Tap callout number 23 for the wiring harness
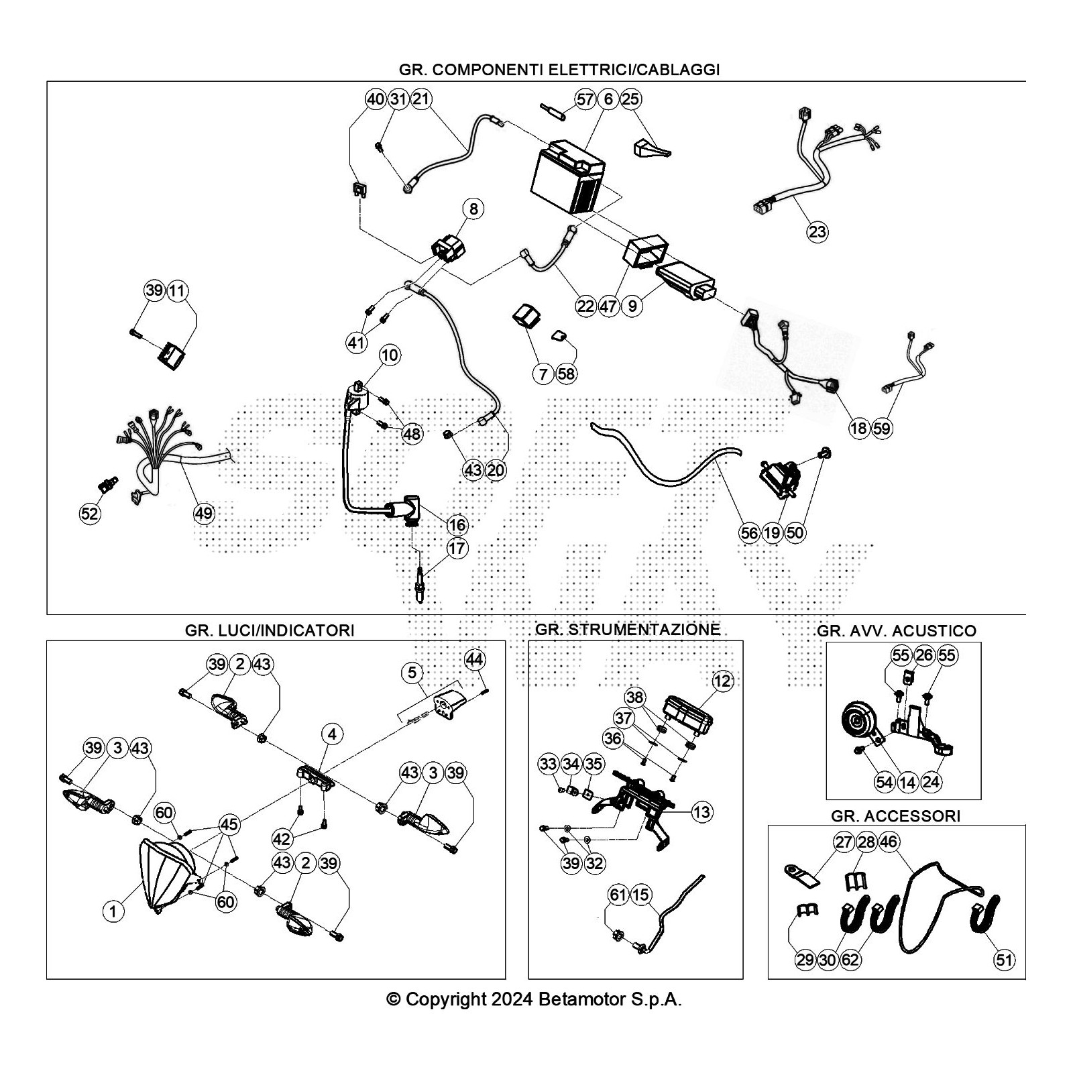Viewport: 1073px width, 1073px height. (x=817, y=232)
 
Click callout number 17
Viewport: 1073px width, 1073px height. (x=457, y=548)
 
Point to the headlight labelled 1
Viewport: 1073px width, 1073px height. (x=164, y=875)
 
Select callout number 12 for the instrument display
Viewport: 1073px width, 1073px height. (x=722, y=681)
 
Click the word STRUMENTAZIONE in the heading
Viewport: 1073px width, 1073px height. (x=645, y=630)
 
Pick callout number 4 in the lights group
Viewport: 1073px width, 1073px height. (x=332, y=734)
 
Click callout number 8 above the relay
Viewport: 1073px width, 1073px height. (x=473, y=209)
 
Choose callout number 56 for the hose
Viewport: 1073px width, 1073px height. (x=749, y=533)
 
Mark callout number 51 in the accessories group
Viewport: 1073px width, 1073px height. (x=1004, y=960)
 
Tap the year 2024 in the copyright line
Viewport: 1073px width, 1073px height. (x=512, y=1000)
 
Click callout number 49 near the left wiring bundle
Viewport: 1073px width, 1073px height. (x=204, y=514)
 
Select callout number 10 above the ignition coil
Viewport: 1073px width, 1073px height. (x=390, y=355)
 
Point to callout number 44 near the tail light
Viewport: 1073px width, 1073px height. (x=474, y=660)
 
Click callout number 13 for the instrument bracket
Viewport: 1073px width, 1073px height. (x=701, y=813)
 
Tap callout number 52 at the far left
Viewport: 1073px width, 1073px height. (x=89, y=514)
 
